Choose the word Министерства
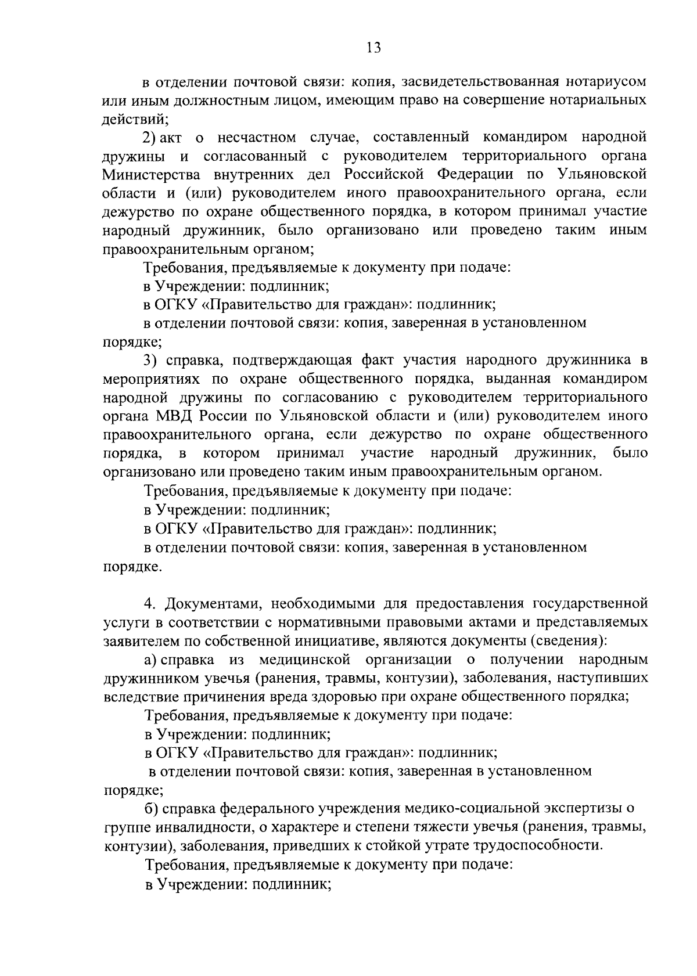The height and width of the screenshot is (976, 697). click(152, 175)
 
